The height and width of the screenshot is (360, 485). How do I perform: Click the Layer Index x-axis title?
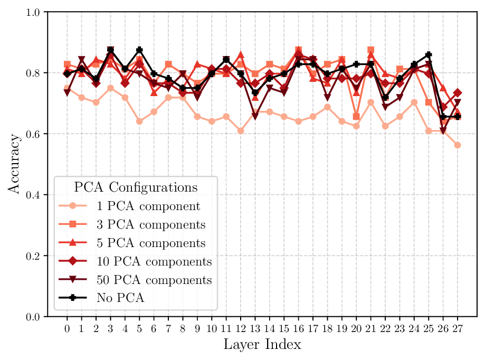coord(262,345)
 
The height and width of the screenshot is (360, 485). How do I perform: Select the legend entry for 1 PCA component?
coord(148,206)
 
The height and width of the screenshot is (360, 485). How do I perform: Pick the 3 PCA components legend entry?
coord(151,225)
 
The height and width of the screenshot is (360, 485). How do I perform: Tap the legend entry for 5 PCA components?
coord(151,243)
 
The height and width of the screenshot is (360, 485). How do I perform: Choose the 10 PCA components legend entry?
coord(154,262)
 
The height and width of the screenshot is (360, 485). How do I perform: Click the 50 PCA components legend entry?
coord(154,280)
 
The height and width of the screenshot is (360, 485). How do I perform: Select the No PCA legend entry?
coord(121,298)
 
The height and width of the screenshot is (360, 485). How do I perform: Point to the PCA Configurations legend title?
coord(136,187)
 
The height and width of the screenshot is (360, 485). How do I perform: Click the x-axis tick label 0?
coord(67,328)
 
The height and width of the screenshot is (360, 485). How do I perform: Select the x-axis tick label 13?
coord(255,328)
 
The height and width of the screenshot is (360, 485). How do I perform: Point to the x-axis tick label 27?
coord(458,328)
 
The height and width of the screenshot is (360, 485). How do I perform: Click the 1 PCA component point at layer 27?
coord(458,145)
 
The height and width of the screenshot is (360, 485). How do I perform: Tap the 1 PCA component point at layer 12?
coord(241,130)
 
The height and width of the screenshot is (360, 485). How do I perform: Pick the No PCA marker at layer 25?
coord(429,55)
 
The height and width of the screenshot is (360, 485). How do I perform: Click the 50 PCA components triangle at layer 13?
coord(255,116)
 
